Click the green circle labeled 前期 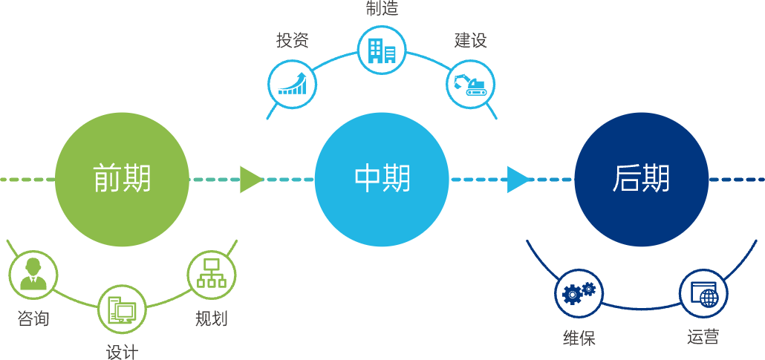[122, 180]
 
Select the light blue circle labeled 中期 [382, 180]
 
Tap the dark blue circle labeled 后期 [641, 180]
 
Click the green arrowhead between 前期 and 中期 [250, 180]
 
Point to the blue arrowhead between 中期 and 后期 [518, 180]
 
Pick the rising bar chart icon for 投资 [293, 84]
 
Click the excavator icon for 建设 [470, 84]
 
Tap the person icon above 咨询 [33, 275]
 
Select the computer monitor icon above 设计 [123, 309]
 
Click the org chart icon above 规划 [211, 275]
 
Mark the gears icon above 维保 [579, 292]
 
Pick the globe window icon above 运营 [703, 292]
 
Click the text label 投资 [292, 40]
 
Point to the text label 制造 [382, 8]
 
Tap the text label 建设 [471, 40]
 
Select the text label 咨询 [33, 319]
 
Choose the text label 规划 [211, 319]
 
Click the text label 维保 [579, 338]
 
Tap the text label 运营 [703, 338]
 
